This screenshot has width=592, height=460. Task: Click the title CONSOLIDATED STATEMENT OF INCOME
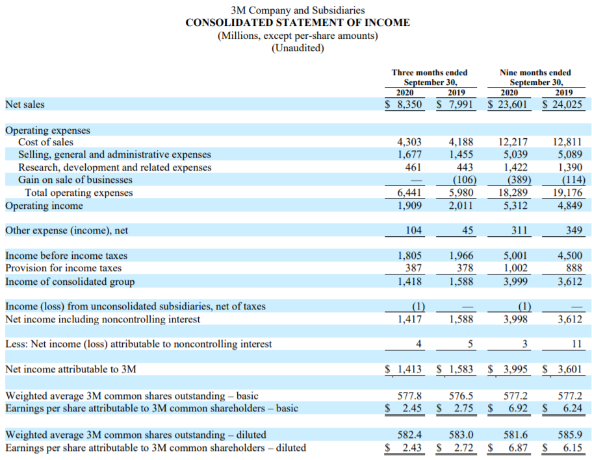tap(298, 23)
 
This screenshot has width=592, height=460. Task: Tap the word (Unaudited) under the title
tap(298, 48)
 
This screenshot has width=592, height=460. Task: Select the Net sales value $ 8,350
tap(404, 104)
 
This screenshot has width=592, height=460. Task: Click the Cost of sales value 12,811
tap(567, 142)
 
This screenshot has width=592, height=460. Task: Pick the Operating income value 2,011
tap(461, 206)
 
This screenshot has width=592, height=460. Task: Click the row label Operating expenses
tap(47, 130)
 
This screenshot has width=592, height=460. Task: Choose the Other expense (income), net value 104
tap(413, 230)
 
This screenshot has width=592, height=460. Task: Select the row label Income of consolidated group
tap(70, 282)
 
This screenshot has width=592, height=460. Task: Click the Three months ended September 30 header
tap(430, 77)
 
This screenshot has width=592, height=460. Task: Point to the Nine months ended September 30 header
tap(535, 77)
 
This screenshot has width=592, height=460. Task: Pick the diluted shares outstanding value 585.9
tap(570, 435)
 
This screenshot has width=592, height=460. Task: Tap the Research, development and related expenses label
tap(115, 167)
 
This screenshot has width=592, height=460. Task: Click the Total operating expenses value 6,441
tap(409, 193)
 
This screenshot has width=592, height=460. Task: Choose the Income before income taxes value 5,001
tap(515, 255)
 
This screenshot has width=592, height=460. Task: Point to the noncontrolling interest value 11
tap(576, 344)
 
